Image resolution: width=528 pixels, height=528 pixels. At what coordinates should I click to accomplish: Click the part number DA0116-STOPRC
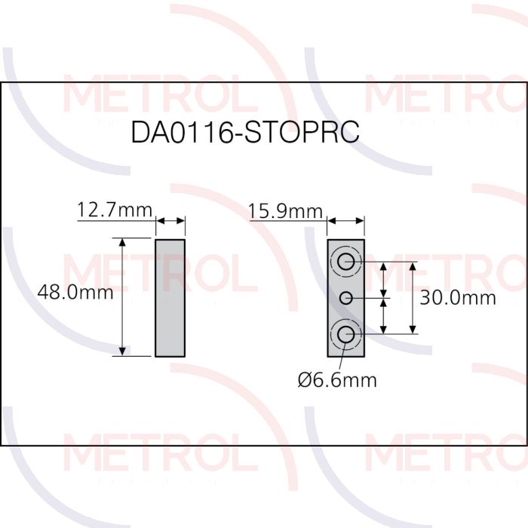245,132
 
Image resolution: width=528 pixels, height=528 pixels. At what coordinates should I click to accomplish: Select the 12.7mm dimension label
115,210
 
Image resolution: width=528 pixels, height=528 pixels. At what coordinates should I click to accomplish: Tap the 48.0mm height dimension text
75,293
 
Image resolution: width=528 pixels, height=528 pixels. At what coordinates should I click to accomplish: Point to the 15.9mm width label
286,211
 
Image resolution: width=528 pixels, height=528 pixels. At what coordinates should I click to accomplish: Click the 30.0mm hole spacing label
458,298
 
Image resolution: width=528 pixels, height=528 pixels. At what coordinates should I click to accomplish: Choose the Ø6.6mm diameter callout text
337,380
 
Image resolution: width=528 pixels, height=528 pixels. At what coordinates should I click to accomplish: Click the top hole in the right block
345,262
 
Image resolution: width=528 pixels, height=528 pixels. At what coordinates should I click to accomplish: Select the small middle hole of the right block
345,298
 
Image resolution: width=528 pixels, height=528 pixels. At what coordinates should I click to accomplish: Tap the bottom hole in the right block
345,334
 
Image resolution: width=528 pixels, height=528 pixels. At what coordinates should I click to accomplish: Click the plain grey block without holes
170,298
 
